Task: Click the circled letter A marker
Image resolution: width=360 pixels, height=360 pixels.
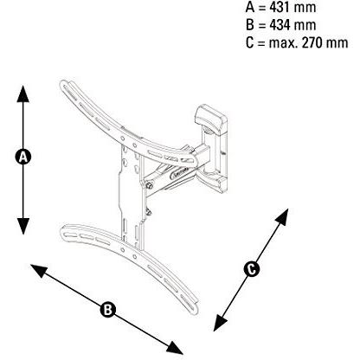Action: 22,157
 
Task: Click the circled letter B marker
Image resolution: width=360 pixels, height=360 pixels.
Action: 107,310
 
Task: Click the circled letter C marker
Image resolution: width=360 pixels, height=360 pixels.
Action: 252,269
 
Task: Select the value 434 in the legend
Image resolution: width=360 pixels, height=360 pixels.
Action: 281,25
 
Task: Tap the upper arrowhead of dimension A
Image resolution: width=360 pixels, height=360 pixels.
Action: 22,93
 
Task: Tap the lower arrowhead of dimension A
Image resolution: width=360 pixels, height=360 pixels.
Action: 22,226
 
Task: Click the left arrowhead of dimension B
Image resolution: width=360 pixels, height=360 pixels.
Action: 39,271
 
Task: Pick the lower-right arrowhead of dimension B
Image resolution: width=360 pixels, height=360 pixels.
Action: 175,347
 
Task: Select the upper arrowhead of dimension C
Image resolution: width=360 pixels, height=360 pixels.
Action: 282,217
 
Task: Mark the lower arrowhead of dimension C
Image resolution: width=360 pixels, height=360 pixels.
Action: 220,323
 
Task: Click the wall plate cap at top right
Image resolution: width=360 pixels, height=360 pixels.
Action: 210,119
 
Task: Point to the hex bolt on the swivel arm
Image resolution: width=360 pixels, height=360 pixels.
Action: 150,185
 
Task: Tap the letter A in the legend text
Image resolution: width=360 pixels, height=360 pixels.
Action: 250,7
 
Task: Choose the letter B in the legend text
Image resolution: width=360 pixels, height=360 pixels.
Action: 250,25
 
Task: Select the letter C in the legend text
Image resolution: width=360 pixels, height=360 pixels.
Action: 250,43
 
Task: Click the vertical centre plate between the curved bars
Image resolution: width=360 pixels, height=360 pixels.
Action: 131,196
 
